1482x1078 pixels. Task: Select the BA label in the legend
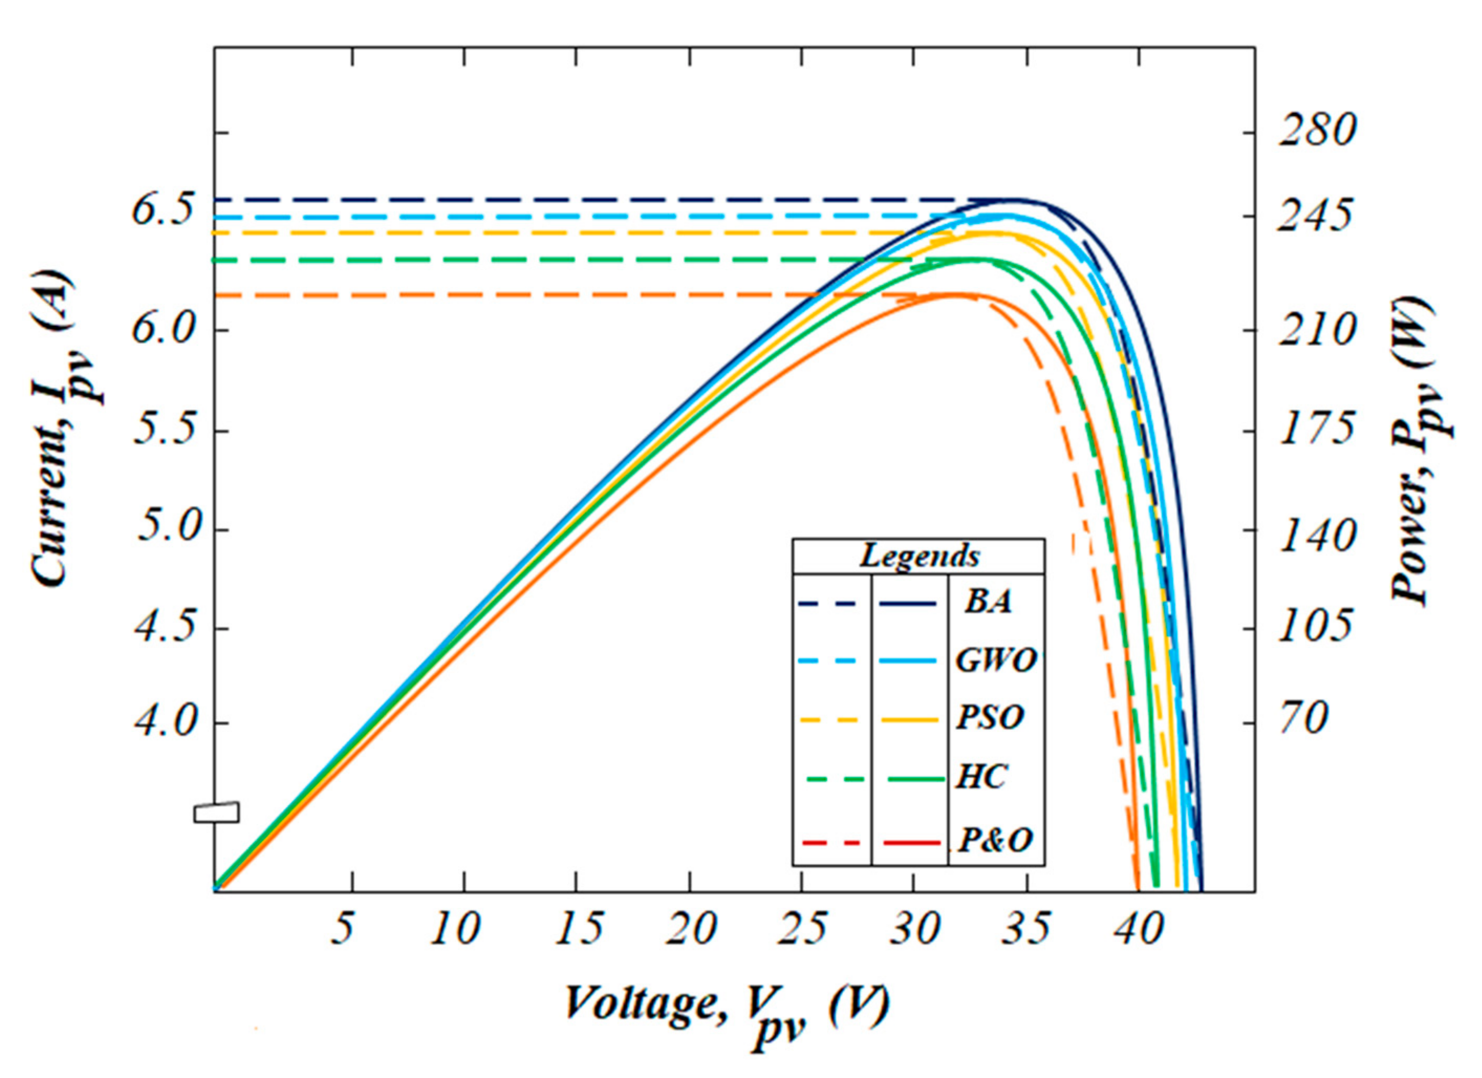989,602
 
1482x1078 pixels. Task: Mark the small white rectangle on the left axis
217,812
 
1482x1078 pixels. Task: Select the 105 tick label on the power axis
1313,627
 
